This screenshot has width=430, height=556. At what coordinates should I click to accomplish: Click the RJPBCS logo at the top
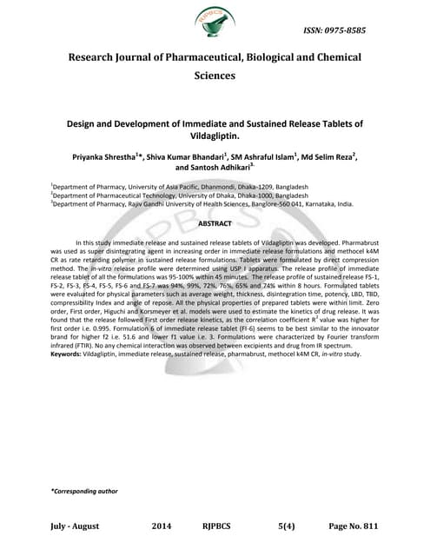(214, 23)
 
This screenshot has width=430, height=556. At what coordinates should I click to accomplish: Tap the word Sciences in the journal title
(214, 76)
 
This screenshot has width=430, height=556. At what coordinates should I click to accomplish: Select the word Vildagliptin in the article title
(214, 136)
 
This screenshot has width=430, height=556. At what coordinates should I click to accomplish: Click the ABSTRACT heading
(214, 200)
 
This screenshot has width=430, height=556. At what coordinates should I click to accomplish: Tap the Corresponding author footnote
(84, 492)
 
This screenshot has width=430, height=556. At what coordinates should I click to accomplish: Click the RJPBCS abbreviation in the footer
(222, 526)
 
